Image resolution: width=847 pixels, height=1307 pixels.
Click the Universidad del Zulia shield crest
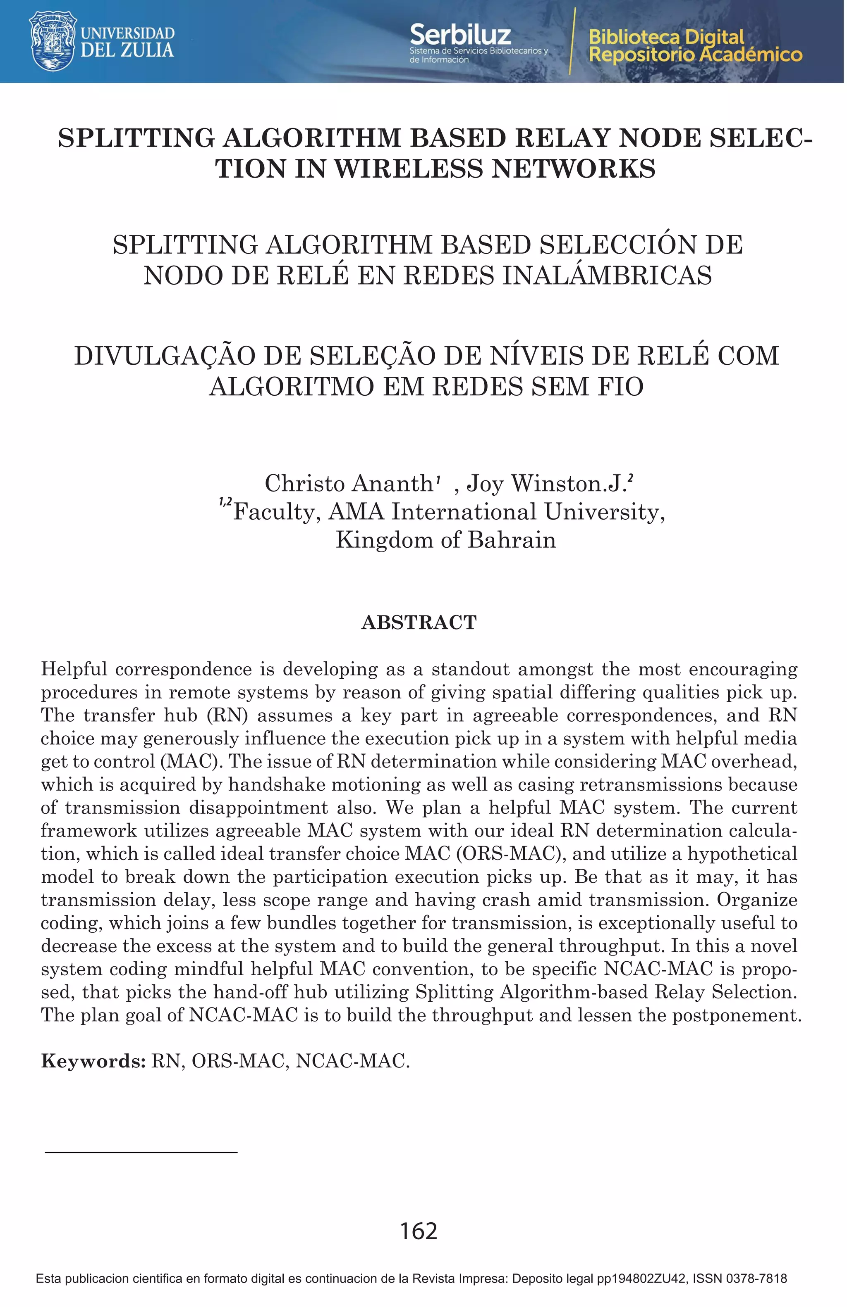click(x=52, y=41)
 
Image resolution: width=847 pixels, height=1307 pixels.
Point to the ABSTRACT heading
click(x=419, y=623)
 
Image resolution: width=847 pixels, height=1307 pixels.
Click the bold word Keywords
click(x=92, y=1061)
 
